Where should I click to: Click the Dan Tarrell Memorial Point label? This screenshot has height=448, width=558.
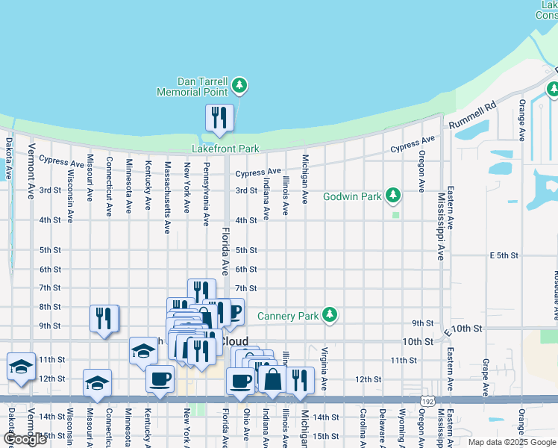[x=192, y=87]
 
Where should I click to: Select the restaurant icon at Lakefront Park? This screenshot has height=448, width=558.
[x=219, y=118]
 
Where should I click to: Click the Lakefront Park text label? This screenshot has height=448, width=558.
[x=225, y=148]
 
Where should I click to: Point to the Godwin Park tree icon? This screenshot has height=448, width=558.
[x=393, y=196]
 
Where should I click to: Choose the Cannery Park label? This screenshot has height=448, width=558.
[x=288, y=316]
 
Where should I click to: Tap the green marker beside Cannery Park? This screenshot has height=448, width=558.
[x=329, y=316]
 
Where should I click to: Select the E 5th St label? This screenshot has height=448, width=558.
[x=504, y=255]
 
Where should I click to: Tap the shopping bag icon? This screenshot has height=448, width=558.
[x=273, y=379]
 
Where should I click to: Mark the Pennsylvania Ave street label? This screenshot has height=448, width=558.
[x=206, y=192]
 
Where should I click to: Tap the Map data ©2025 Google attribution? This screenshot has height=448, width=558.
[x=511, y=442]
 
